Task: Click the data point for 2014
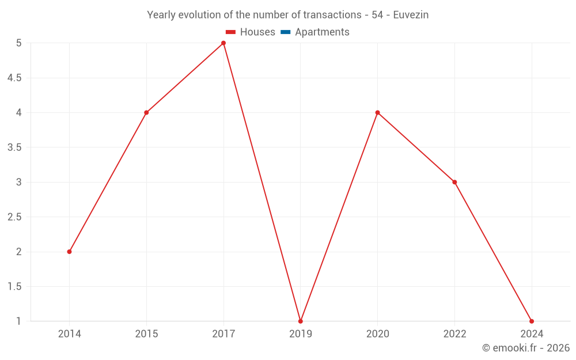tap(69, 252)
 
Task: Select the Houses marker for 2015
tap(146, 112)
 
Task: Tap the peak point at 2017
tap(223, 43)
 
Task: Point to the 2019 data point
tap(300, 321)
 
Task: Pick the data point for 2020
tap(377, 112)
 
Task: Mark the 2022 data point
tap(454, 182)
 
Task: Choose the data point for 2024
tap(531, 321)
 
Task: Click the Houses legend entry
tap(250, 32)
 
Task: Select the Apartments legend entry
tap(314, 32)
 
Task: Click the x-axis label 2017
tap(223, 334)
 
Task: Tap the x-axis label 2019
tap(300, 334)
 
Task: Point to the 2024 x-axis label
tap(531, 334)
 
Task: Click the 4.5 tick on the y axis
tap(14, 78)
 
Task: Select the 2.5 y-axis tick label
tap(14, 217)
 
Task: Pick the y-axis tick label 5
tap(19, 43)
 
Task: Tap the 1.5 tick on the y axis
tap(14, 286)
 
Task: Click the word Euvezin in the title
tap(411, 15)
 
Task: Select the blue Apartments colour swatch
tap(285, 32)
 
